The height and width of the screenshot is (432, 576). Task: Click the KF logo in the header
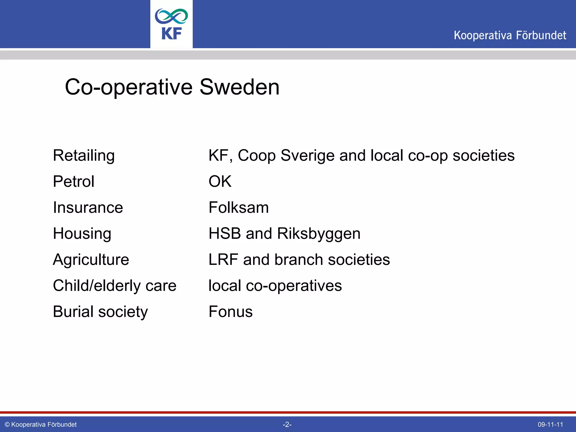point(171,24)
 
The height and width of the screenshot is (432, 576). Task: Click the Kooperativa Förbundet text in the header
point(510,35)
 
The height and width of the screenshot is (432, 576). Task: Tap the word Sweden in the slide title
point(239,87)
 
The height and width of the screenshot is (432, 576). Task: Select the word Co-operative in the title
point(129,87)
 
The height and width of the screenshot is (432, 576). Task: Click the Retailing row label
point(84,156)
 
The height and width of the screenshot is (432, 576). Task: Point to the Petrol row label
point(74,181)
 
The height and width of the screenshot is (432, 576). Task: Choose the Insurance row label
point(88,208)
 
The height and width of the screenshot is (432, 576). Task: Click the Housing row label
point(82,234)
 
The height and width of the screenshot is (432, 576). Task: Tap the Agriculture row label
point(91,260)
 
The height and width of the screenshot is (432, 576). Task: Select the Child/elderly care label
point(114,286)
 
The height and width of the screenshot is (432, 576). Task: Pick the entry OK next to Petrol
point(220,181)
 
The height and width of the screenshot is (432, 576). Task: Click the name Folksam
point(238,208)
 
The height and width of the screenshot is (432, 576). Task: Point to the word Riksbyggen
point(319,234)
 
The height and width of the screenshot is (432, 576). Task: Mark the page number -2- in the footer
point(287,425)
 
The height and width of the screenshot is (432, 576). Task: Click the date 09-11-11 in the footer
point(550,425)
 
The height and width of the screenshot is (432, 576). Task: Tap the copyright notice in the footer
point(41,425)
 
